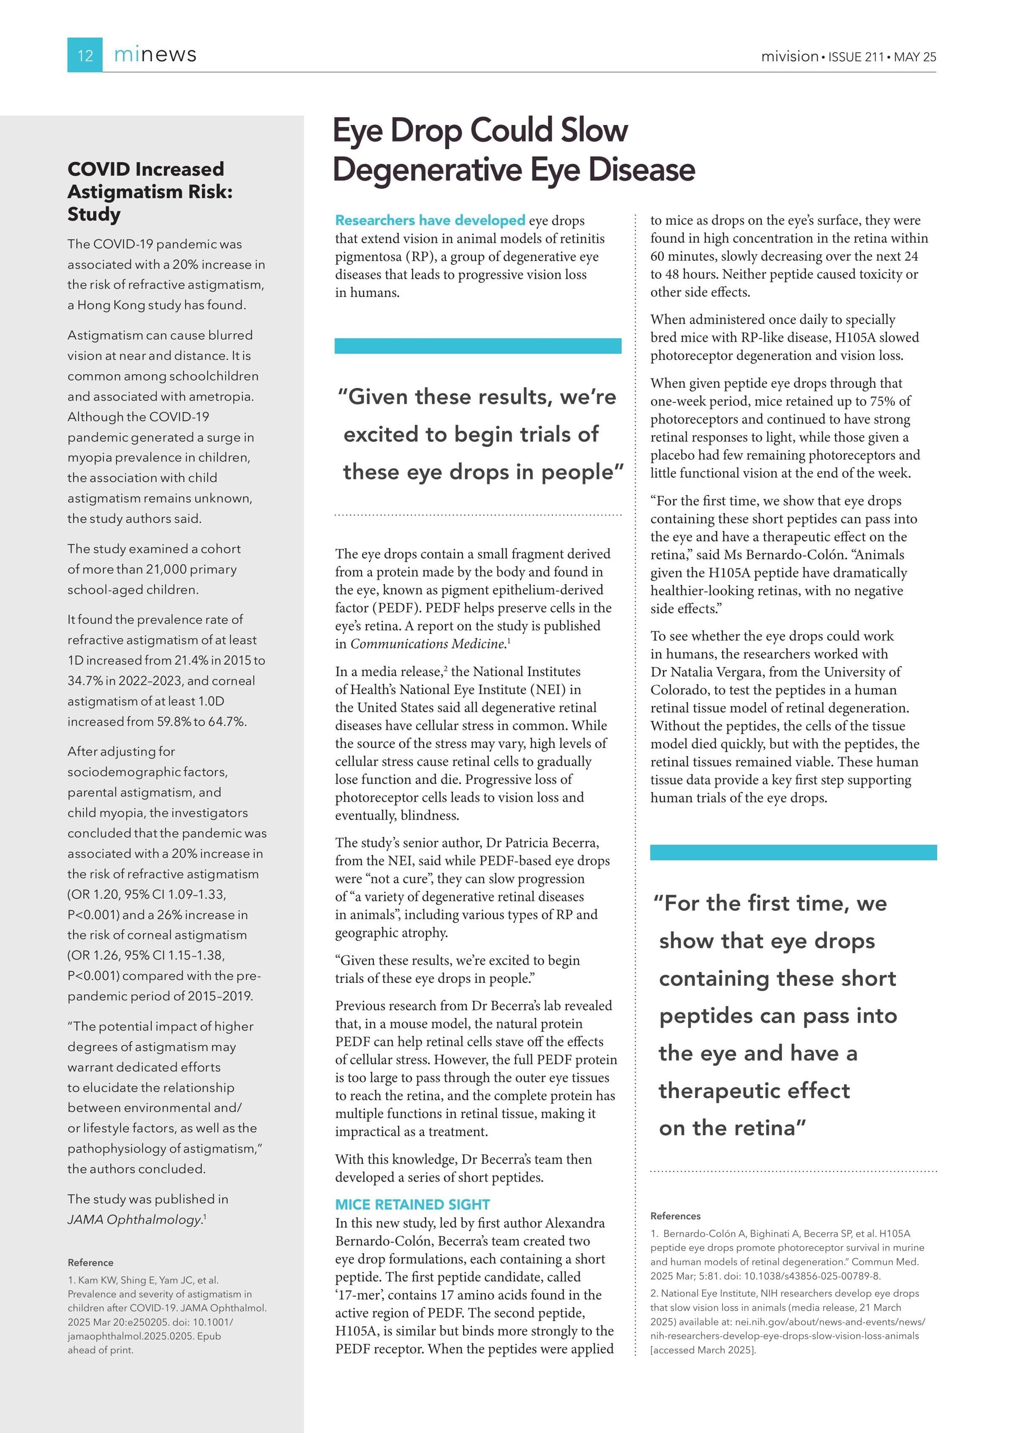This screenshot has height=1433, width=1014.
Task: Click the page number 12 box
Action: click(x=85, y=55)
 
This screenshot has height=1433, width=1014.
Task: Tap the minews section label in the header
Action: click(x=155, y=55)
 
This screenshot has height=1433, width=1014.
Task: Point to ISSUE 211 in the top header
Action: click(x=856, y=57)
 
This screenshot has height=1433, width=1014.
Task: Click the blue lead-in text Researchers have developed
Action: click(x=430, y=220)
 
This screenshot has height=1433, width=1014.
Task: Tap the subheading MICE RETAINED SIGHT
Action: click(x=412, y=1205)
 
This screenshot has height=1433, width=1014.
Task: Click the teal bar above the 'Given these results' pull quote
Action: click(x=478, y=346)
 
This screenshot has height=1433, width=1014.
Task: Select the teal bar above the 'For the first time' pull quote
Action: click(x=793, y=853)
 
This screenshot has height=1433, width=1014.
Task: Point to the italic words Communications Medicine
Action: click(x=428, y=644)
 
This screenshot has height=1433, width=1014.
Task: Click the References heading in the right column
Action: click(x=675, y=1216)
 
